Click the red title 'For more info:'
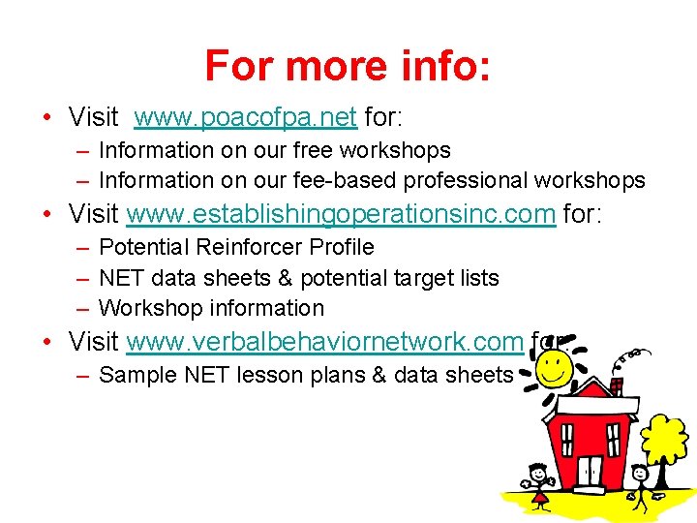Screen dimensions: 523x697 (x=348, y=67)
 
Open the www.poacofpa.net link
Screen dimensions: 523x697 (x=246, y=118)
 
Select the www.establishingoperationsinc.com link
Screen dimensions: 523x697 (x=341, y=214)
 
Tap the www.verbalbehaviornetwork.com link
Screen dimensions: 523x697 (x=324, y=342)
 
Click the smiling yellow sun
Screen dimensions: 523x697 (x=554, y=368)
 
